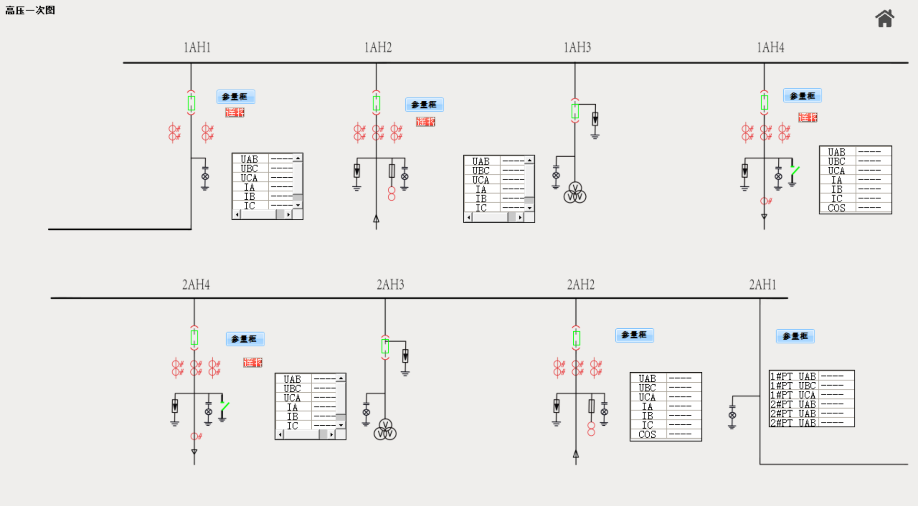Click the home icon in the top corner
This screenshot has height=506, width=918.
pyautogui.click(x=885, y=19)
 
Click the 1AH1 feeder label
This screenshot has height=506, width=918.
pyautogui.click(x=197, y=47)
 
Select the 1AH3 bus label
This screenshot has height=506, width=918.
pyautogui.click(x=577, y=47)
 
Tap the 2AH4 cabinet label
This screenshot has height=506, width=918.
pyautogui.click(x=196, y=285)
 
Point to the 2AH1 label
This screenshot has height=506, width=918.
pyautogui.click(x=762, y=285)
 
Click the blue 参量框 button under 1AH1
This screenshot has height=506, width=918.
pyautogui.click(x=235, y=97)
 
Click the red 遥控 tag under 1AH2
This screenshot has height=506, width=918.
pyautogui.click(x=425, y=122)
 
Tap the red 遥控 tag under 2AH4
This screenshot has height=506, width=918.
pyautogui.click(x=252, y=363)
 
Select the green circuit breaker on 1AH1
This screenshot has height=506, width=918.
pyautogui.click(x=191, y=103)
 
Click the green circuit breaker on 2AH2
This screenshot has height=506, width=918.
pyautogui.click(x=577, y=338)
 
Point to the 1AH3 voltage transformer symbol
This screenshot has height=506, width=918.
pyautogui.click(x=575, y=193)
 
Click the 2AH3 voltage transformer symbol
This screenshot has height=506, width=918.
pyautogui.click(x=385, y=430)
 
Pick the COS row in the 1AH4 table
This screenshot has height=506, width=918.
pyautogui.click(x=836, y=208)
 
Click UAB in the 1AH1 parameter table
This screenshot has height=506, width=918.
pyautogui.click(x=249, y=159)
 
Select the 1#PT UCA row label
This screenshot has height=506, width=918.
pyautogui.click(x=793, y=395)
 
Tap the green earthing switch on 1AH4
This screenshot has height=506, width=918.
pyautogui.click(x=795, y=170)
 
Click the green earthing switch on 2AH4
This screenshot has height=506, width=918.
pyautogui.click(x=225, y=406)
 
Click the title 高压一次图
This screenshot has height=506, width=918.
pyautogui.click(x=30, y=10)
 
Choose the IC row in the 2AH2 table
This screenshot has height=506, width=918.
pyautogui.click(x=647, y=425)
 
